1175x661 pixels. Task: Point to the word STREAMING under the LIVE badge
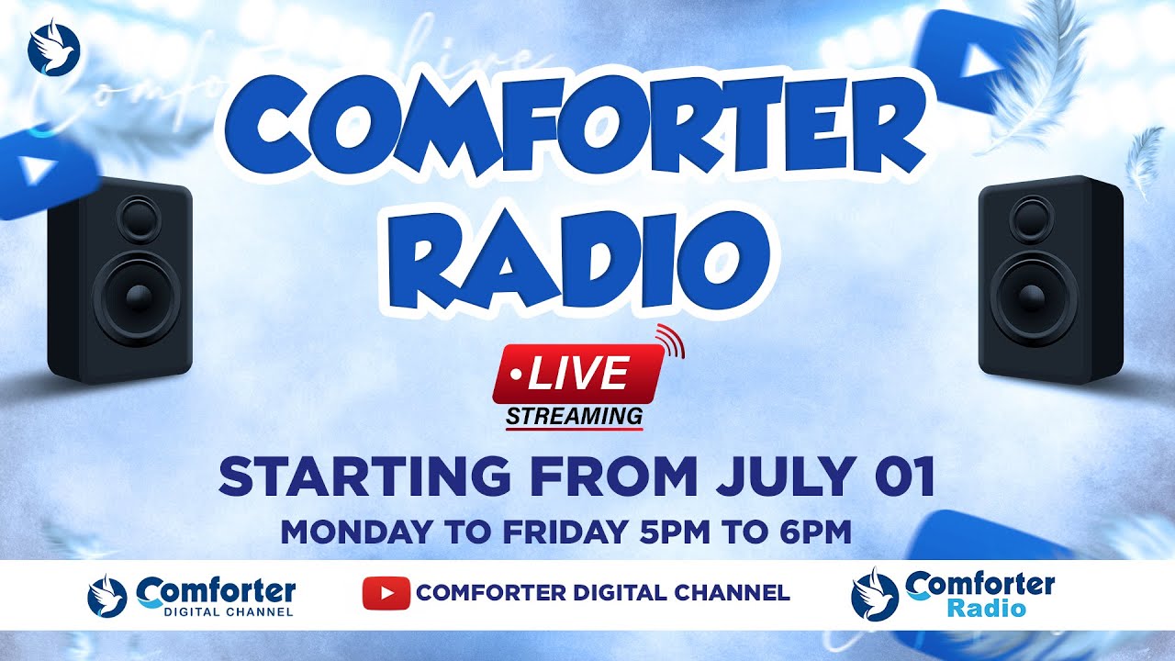coord(575,416)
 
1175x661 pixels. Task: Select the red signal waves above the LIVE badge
coord(672,341)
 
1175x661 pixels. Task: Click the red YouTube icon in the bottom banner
coord(386,593)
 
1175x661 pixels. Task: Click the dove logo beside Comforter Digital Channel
coord(107,595)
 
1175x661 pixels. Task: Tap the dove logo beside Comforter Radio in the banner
coord(873,595)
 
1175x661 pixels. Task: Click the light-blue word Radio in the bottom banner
coord(986,608)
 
